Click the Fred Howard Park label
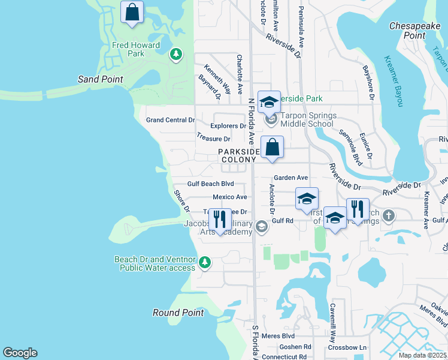point(136,49)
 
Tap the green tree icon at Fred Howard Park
point(175,55)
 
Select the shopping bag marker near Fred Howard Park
point(132,12)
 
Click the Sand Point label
point(101,79)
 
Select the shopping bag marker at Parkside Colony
point(272,147)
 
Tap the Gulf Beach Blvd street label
point(210,184)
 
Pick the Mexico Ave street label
point(230,197)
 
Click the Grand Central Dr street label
point(171,120)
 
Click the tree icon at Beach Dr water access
point(204,263)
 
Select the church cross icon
point(388,215)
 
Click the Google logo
point(20,353)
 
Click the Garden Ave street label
point(290,178)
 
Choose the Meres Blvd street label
point(280,336)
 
